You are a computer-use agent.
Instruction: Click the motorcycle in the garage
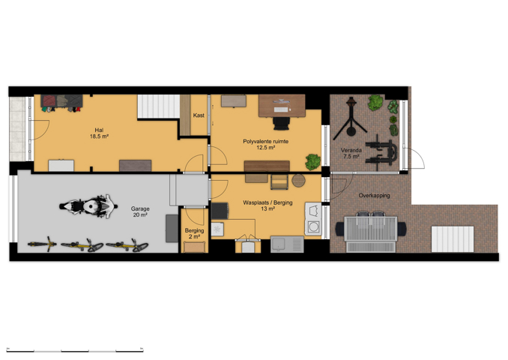[x=88, y=206]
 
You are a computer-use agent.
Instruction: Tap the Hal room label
[x=99, y=133]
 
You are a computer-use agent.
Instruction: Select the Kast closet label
[x=199, y=115]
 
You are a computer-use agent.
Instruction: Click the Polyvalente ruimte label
[x=266, y=144]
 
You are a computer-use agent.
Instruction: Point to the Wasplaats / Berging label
[x=267, y=205]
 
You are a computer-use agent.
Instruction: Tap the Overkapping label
[x=374, y=196]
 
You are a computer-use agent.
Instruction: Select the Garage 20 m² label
[x=140, y=211]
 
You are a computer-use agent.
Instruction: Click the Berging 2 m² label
[x=194, y=233]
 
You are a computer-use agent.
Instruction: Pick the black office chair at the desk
[x=281, y=123]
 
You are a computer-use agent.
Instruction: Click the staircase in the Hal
[x=159, y=106]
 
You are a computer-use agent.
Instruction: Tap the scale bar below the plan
[x=75, y=350]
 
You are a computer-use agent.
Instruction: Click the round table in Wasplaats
[x=298, y=180]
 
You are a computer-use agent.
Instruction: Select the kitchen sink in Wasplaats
[x=287, y=244]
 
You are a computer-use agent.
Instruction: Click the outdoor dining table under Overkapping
[x=371, y=229]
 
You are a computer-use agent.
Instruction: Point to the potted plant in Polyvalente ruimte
[x=313, y=162]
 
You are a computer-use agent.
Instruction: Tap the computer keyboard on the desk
[x=280, y=109]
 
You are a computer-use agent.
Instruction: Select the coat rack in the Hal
[x=61, y=103]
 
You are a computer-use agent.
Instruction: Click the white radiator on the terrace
[x=453, y=239]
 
